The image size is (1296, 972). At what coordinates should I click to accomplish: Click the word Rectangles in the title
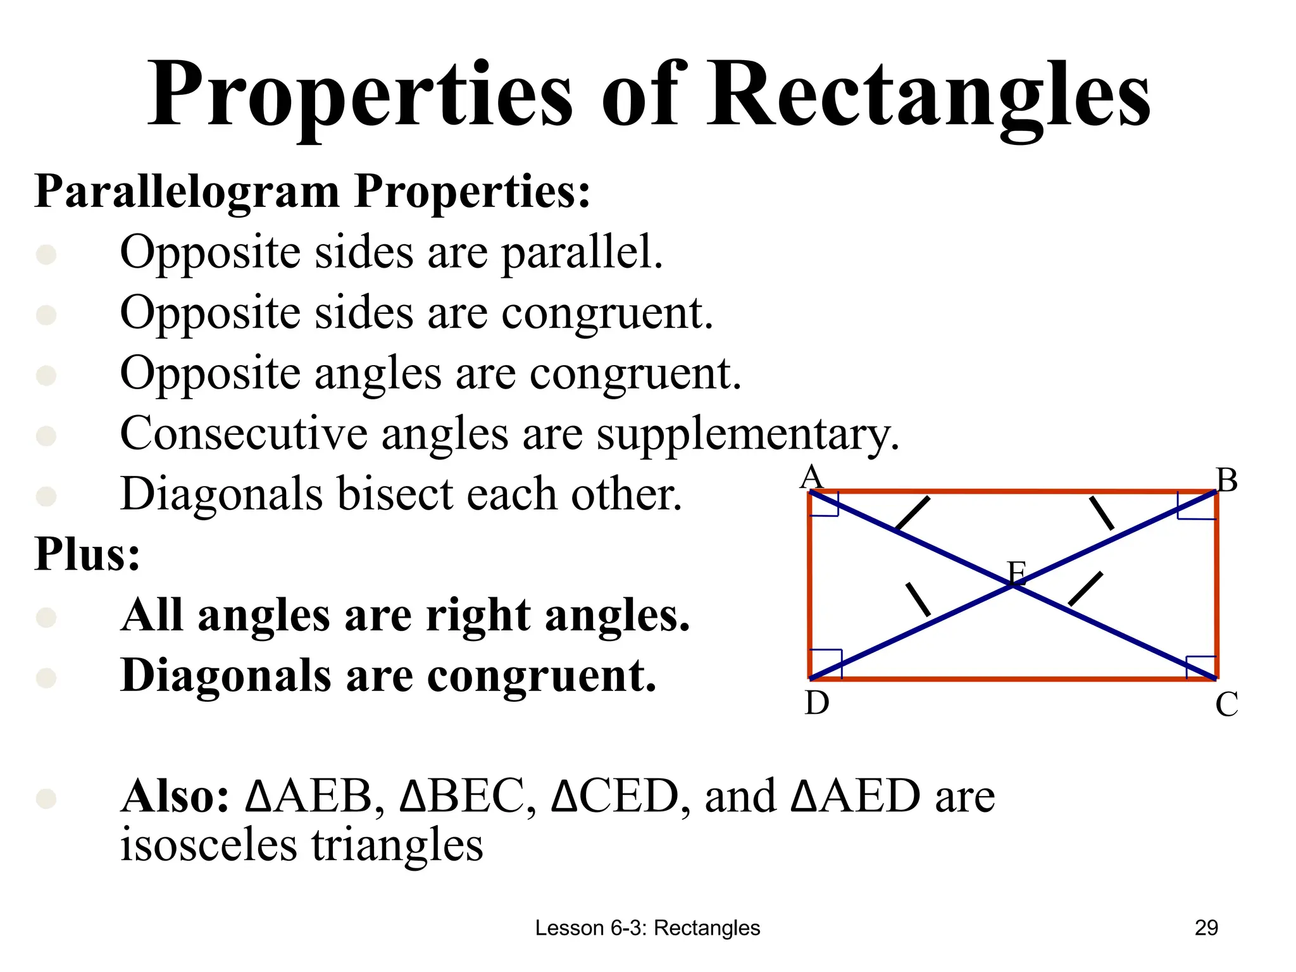[928, 95]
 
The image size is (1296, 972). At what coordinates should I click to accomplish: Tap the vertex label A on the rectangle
[811, 478]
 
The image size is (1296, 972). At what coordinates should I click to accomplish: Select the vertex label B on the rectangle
[1226, 480]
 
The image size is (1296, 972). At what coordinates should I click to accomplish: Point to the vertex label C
[1226, 704]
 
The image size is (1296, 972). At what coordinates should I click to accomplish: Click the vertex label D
[817, 703]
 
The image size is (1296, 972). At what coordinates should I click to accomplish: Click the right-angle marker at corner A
[825, 504]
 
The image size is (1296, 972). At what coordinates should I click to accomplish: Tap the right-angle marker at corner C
[1201, 667]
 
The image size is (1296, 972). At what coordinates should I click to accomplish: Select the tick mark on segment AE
[913, 513]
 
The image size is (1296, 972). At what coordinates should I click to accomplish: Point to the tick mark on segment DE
[918, 599]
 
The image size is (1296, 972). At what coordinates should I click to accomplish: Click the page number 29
[1206, 928]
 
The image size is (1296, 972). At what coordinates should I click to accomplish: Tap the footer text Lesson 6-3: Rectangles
[647, 928]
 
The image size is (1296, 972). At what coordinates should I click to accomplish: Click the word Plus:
[87, 554]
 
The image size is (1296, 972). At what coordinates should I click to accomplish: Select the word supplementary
[748, 435]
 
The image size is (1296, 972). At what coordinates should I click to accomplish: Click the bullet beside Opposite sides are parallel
[46, 254]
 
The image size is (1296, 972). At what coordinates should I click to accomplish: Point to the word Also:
[175, 796]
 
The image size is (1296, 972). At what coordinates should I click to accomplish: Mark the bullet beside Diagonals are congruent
[46, 677]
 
